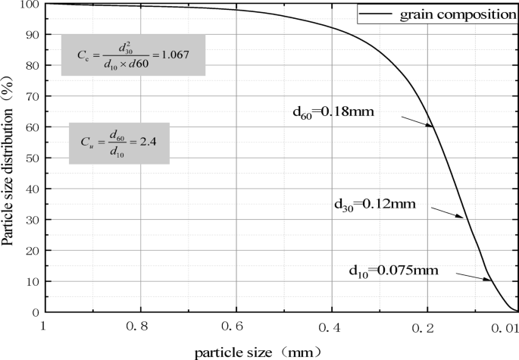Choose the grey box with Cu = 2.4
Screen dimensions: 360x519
point(118,142)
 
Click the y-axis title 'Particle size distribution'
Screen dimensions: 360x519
point(9,156)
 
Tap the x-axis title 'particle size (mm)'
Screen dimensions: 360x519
point(258,352)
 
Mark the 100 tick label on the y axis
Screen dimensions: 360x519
point(29,5)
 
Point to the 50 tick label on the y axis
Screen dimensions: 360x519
point(31,158)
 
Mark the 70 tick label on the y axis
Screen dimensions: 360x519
point(31,96)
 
